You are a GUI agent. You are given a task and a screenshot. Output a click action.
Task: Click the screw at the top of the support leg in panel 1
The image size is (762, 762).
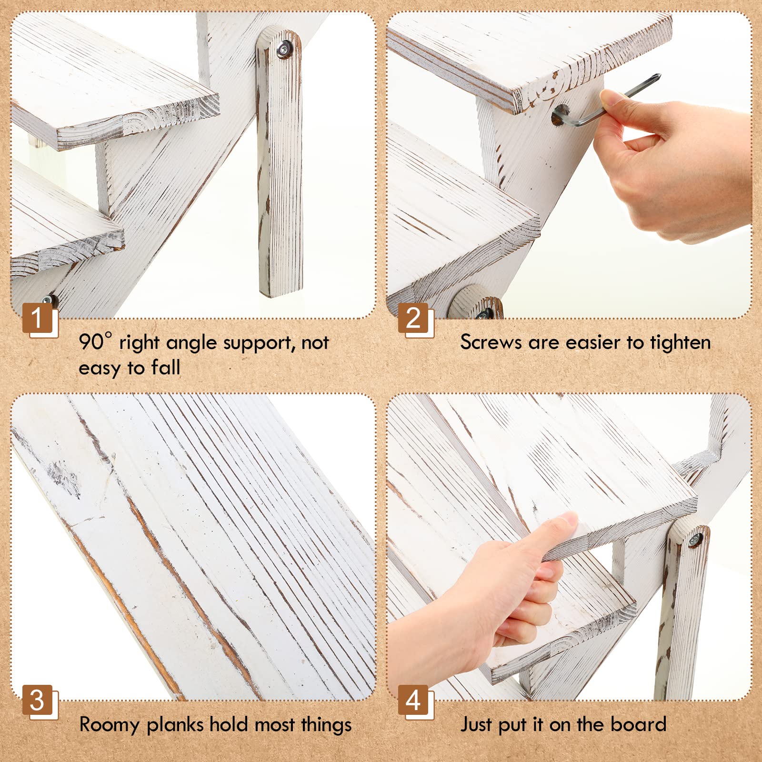pyautogui.click(x=285, y=48)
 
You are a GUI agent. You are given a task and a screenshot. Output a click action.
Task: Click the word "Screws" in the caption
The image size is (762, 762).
pyautogui.click(x=491, y=342)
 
